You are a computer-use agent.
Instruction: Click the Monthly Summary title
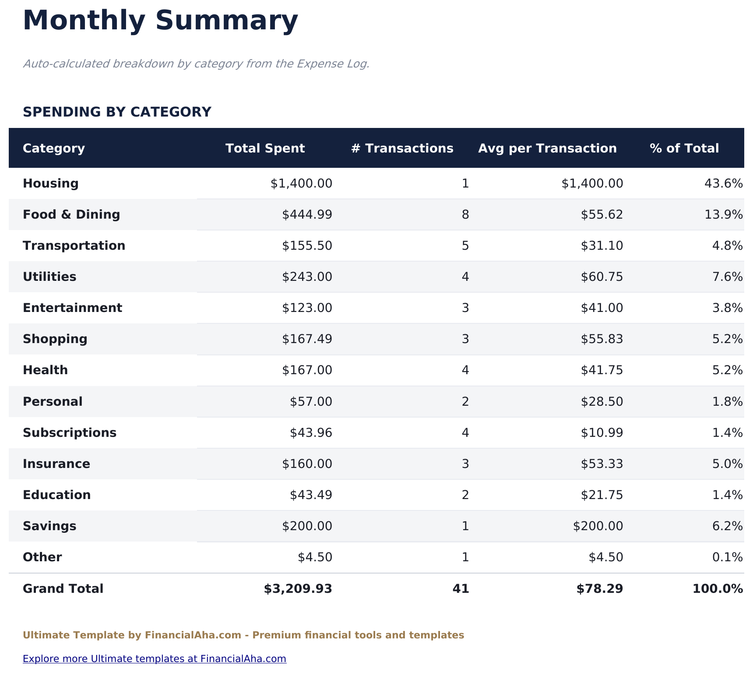tap(160, 21)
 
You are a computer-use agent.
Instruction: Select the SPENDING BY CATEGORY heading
tap(117, 112)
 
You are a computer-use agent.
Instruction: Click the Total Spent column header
tap(265, 148)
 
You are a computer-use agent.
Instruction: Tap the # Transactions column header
tap(402, 148)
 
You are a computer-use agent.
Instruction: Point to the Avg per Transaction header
tap(547, 148)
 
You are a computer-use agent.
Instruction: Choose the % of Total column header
tap(684, 148)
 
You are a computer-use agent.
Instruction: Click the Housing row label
tap(51, 183)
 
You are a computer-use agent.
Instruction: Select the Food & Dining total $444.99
tap(307, 214)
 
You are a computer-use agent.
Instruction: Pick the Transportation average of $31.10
tap(602, 245)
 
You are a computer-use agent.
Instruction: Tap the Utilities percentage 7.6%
tap(727, 277)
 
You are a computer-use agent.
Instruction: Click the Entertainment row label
tap(72, 308)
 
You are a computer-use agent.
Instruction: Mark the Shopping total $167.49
tap(307, 339)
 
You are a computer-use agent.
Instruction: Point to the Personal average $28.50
tap(602, 401)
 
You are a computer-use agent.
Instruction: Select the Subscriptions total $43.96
tap(311, 433)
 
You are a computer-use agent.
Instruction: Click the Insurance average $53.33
tap(602, 464)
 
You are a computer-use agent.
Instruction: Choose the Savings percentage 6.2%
tap(727, 526)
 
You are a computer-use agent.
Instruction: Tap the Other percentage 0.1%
tap(727, 557)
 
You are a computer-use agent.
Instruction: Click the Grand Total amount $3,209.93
tap(298, 589)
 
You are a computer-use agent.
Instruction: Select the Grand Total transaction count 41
tap(461, 589)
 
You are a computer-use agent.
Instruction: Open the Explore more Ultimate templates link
tap(155, 659)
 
